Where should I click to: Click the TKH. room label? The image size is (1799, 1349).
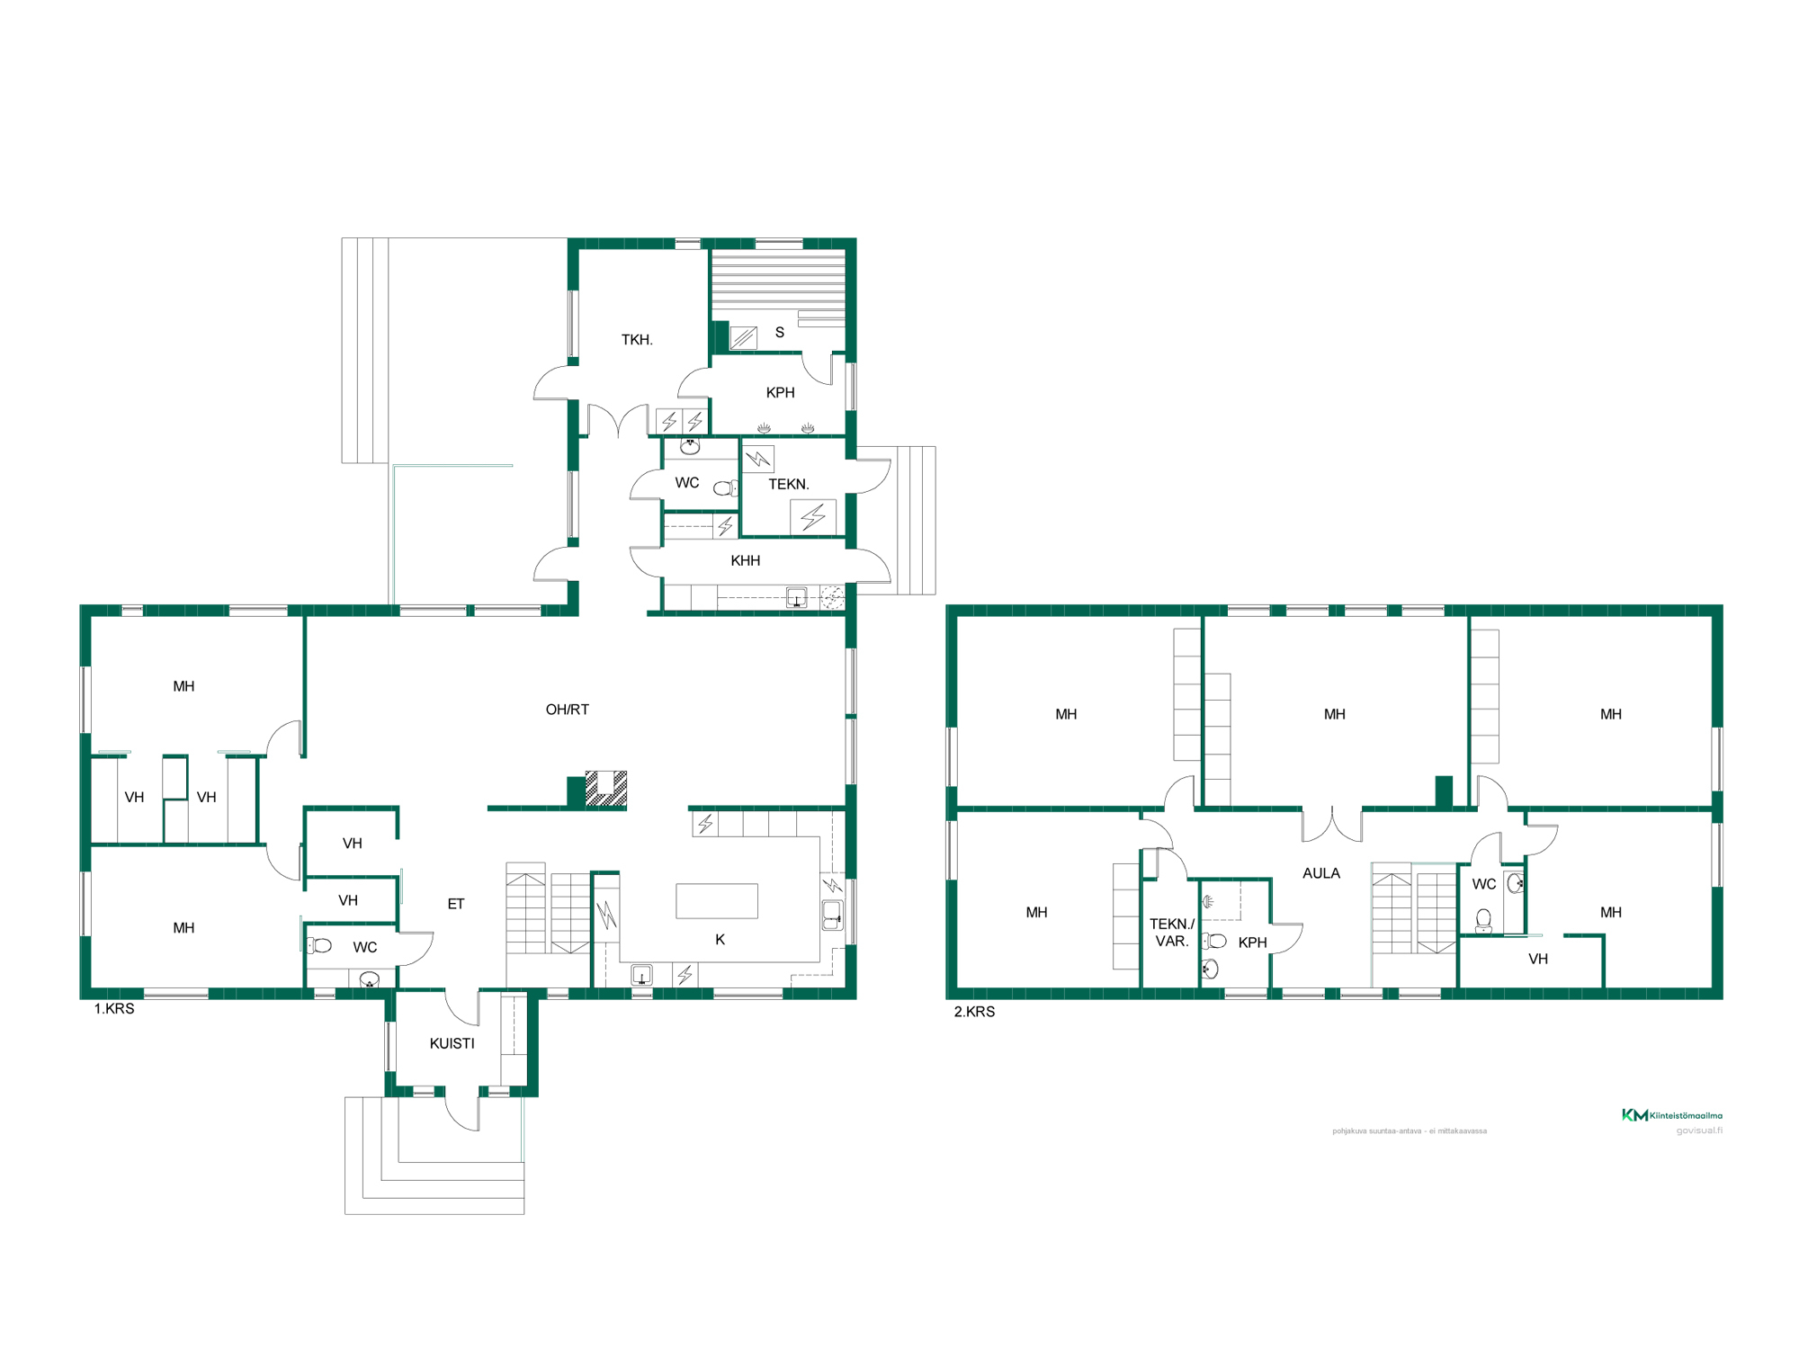pyautogui.click(x=637, y=340)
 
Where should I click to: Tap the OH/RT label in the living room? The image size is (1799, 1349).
pyautogui.click(x=568, y=710)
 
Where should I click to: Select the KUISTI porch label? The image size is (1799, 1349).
pyautogui.click(x=452, y=1043)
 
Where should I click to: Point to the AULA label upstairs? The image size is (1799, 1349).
pyautogui.click(x=1321, y=873)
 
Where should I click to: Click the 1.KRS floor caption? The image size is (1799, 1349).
pyautogui.click(x=114, y=1009)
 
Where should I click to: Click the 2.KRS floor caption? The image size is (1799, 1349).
pyautogui.click(x=974, y=1012)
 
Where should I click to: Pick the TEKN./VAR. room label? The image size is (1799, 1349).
pyautogui.click(x=1172, y=933)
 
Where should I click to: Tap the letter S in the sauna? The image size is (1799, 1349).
pyautogui.click(x=780, y=333)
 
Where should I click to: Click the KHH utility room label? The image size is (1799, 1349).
pyautogui.click(x=746, y=561)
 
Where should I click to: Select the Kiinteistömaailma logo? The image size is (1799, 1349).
pyautogui.click(x=1672, y=1115)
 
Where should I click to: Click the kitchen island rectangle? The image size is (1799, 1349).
pyautogui.click(x=717, y=901)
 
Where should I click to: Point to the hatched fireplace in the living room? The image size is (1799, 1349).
pyautogui.click(x=606, y=789)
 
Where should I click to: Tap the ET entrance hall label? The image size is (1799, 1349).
pyautogui.click(x=456, y=904)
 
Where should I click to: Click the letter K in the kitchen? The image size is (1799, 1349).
pyautogui.click(x=720, y=940)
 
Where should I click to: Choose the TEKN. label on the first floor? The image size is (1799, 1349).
pyautogui.click(x=789, y=485)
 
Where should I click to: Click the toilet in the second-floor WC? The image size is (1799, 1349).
pyautogui.click(x=1484, y=921)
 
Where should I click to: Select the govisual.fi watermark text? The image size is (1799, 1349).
pyautogui.click(x=1699, y=1130)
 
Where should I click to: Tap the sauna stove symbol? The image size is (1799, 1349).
pyautogui.click(x=743, y=338)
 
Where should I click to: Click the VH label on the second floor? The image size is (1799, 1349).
pyautogui.click(x=1538, y=960)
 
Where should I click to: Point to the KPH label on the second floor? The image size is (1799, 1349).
pyautogui.click(x=1252, y=943)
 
